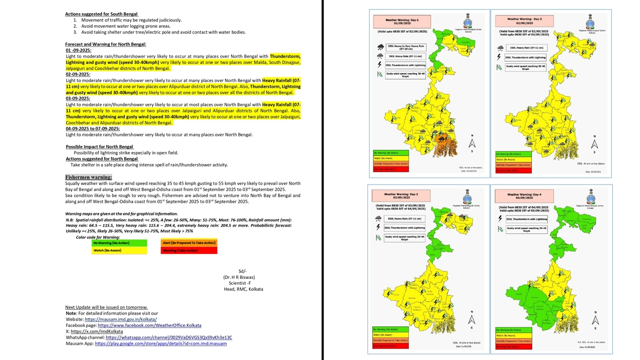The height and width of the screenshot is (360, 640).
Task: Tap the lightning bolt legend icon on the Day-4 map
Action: click(x=499, y=218)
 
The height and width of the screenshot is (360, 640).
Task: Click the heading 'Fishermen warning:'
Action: click(x=89, y=177)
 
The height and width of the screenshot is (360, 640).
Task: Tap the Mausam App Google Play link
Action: click(x=161, y=343)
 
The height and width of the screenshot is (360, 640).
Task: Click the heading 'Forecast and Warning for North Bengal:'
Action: click(x=106, y=44)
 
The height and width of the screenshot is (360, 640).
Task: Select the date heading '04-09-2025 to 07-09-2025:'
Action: click(x=93, y=129)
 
